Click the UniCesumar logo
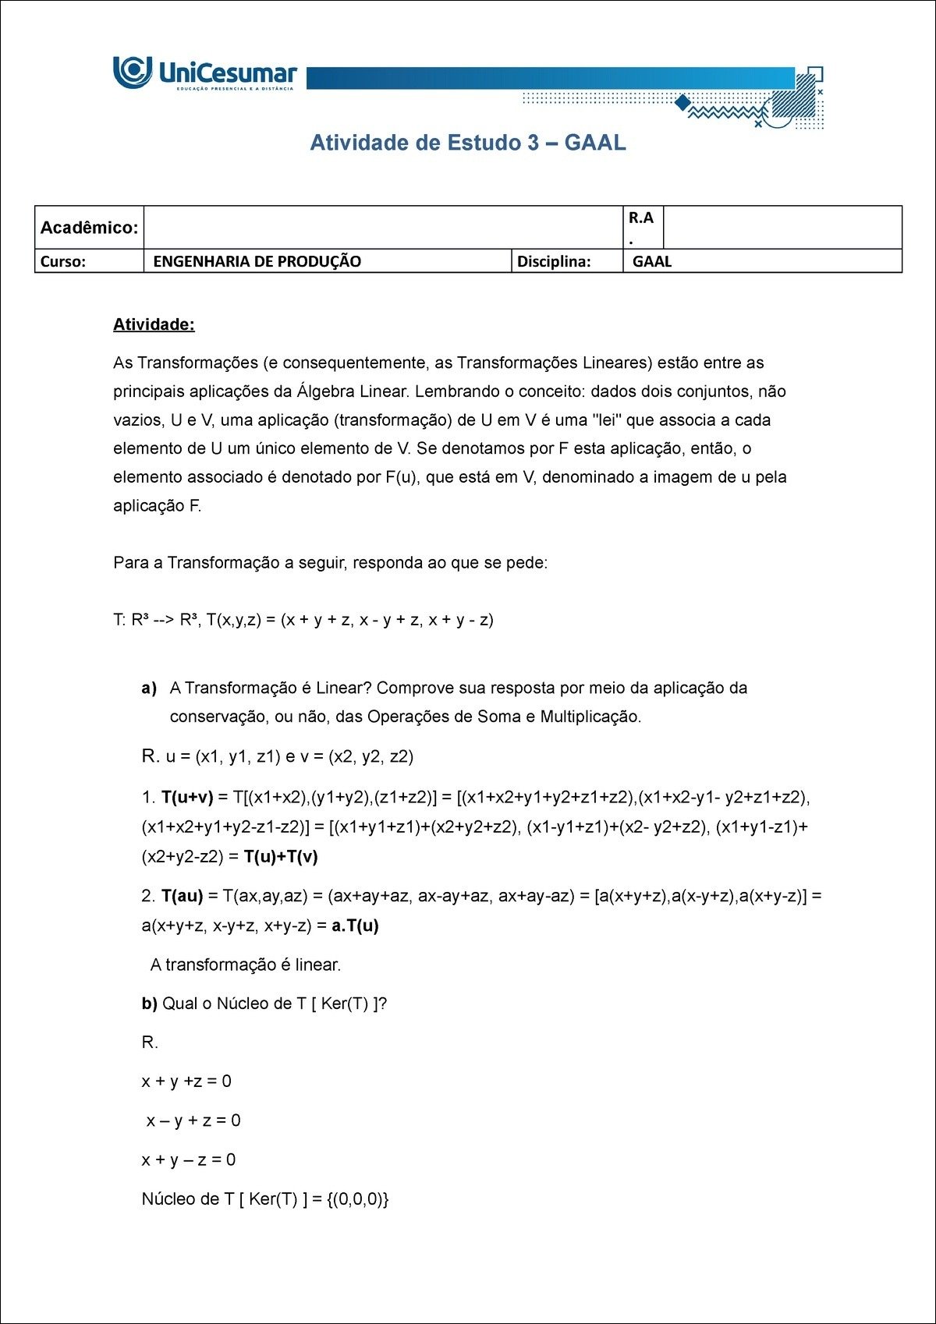205,73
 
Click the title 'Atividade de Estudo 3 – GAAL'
468,143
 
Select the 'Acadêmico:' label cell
89,228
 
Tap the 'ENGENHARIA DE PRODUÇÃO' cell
257,261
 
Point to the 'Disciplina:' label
554,261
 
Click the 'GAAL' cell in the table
652,261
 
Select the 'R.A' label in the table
640,218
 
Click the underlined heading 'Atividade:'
154,324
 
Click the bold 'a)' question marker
149,688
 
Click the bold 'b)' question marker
149,1004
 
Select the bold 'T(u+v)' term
187,797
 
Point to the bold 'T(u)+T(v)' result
281,856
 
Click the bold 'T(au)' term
182,896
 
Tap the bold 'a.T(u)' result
354,926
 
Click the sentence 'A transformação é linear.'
246,965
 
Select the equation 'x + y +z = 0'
186,1082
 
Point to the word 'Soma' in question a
498,717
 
